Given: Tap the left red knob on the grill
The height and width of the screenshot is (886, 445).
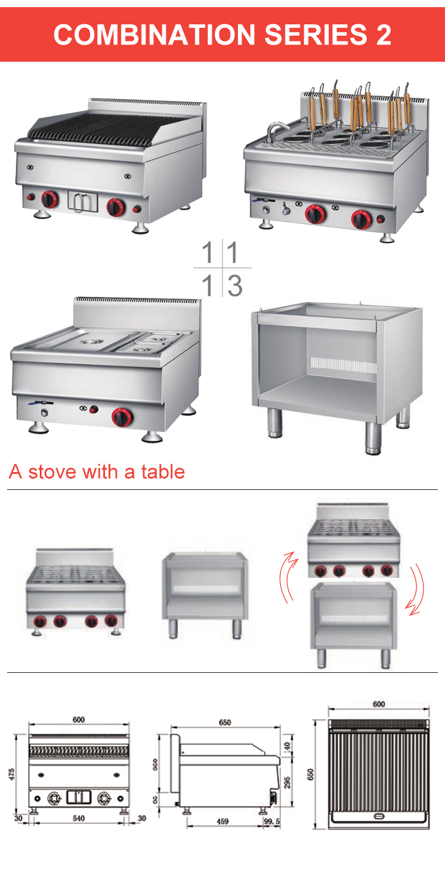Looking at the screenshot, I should (x=49, y=200).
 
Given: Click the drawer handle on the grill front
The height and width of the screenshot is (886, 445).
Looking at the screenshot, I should (x=82, y=201).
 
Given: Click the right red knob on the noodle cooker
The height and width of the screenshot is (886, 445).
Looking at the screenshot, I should (x=360, y=219).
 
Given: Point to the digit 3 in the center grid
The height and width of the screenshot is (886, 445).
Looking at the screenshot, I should (x=235, y=286).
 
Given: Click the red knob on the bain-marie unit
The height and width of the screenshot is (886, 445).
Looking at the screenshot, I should (x=122, y=417).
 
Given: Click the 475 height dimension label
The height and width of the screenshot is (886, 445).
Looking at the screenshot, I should (x=12, y=774).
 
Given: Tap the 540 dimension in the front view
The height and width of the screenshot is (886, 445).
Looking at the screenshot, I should (x=78, y=818).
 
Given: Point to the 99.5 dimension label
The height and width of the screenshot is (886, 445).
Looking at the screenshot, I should (x=272, y=822).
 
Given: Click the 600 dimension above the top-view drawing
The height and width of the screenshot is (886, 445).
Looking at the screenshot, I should (x=379, y=704).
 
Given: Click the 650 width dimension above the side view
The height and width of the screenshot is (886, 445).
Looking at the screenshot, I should (x=225, y=723).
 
